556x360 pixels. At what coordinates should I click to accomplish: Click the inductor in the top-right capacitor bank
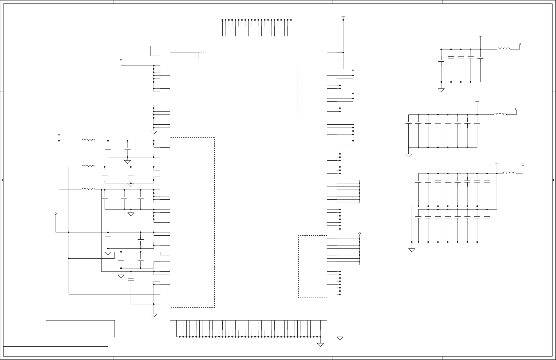(x=503, y=49)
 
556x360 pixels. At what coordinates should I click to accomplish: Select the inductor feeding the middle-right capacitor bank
(x=500, y=114)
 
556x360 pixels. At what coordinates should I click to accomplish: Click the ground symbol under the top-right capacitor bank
(x=441, y=90)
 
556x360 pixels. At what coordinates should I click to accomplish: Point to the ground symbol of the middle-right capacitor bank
(x=408, y=155)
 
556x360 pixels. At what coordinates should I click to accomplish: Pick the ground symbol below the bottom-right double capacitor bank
(x=412, y=250)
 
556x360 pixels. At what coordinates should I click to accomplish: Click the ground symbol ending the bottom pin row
(x=320, y=345)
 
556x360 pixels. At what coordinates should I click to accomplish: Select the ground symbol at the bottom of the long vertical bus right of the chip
(x=340, y=338)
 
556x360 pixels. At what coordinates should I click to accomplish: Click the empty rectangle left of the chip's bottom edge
(x=80, y=329)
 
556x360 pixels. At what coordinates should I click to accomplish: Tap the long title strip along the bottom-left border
(x=56, y=351)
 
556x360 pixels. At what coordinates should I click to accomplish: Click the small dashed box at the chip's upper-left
(x=184, y=56)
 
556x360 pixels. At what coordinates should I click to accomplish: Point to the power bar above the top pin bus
(x=343, y=17)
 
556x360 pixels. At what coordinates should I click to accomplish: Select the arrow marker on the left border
(x=2, y=180)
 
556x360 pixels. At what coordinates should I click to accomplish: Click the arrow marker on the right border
(x=554, y=180)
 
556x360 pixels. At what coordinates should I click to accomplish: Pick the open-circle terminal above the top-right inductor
(x=519, y=43)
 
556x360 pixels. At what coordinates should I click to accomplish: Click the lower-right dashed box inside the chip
(x=312, y=266)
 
